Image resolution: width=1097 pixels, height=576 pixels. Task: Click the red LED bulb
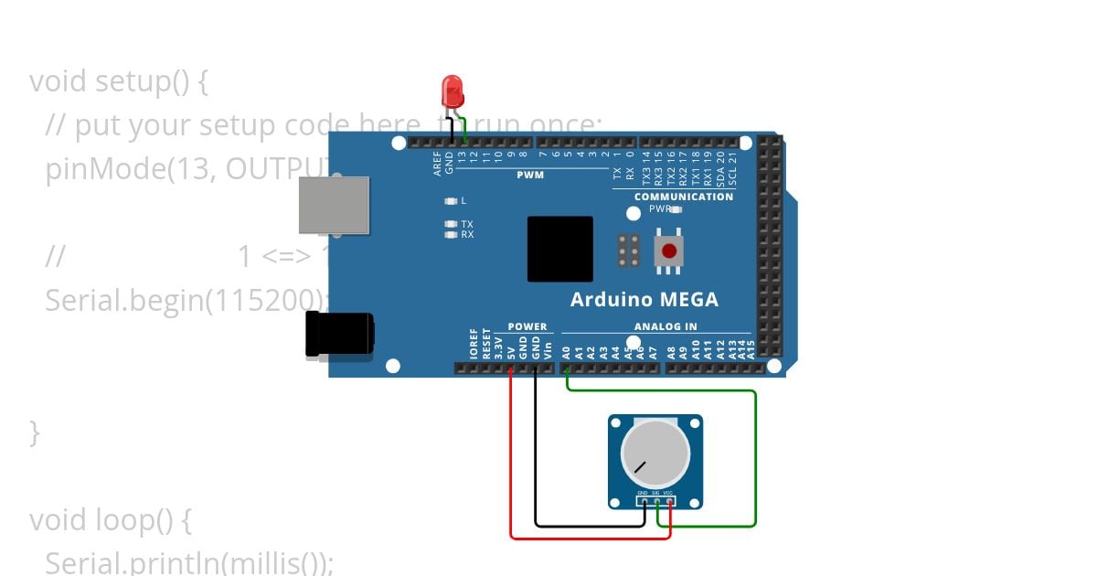click(453, 91)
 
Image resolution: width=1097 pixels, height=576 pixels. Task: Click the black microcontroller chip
click(559, 249)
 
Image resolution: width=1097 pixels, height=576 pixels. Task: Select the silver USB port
click(334, 205)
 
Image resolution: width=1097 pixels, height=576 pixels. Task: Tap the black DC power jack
click(338, 334)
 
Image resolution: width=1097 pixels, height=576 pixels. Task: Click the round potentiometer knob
click(655, 454)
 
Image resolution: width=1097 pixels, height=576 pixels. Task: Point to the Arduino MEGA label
click(644, 299)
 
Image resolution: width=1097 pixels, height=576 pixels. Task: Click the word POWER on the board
click(527, 326)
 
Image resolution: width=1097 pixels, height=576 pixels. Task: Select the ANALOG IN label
click(665, 326)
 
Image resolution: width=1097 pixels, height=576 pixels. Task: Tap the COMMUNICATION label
click(683, 197)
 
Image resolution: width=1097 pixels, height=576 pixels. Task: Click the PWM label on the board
click(529, 175)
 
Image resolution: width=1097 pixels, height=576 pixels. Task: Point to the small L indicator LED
click(450, 200)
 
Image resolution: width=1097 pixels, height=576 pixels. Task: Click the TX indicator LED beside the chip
click(450, 224)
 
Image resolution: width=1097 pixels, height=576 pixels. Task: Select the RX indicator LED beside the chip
click(450, 235)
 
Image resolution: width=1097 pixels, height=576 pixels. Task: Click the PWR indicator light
click(676, 209)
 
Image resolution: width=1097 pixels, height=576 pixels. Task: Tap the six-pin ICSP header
click(628, 251)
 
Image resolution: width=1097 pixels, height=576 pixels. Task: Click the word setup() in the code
click(141, 81)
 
